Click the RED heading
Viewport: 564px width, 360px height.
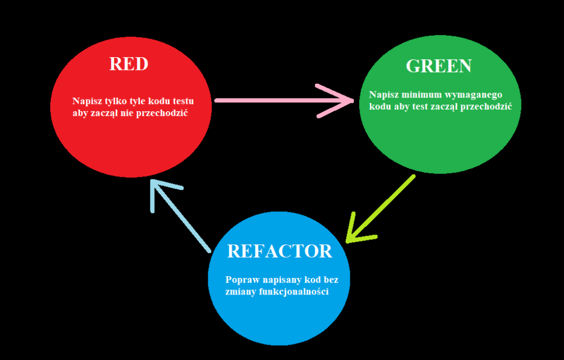coord(129,64)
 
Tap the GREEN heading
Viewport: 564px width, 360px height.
coord(438,66)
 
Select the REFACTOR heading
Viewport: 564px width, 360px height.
coord(279,251)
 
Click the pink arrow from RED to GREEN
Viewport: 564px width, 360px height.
coord(275,101)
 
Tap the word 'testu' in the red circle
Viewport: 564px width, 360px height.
coord(181,102)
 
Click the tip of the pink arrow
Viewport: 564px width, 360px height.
coord(353,101)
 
